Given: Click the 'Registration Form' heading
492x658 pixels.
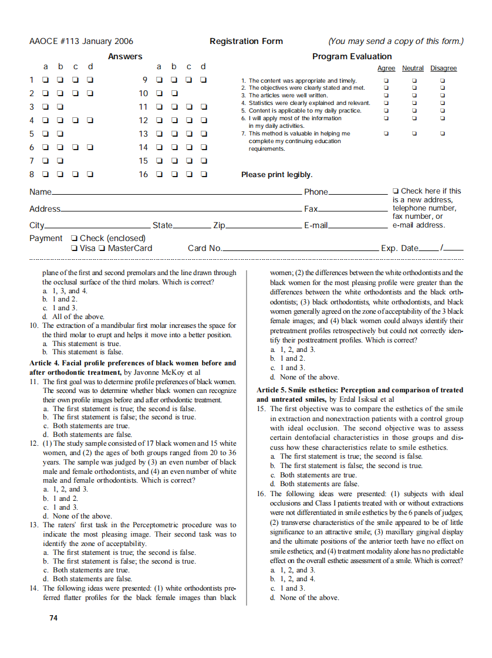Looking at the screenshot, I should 246,41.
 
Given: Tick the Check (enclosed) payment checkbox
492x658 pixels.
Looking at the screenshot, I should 74,238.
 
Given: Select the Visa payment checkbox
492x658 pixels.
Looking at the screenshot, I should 74,248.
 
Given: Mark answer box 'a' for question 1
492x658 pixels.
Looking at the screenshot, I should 45,79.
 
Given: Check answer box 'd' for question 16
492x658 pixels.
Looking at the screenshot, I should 204,174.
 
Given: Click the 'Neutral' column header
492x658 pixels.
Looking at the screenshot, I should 413,69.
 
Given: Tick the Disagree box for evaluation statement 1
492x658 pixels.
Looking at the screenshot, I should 443,80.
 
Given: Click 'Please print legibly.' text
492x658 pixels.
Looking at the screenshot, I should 277,175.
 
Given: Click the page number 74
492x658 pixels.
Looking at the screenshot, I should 53,618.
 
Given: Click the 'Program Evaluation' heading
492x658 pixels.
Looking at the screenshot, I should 352,56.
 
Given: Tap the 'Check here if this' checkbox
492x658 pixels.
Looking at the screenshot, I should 396,191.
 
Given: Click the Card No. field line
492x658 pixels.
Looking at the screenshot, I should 300,250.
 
